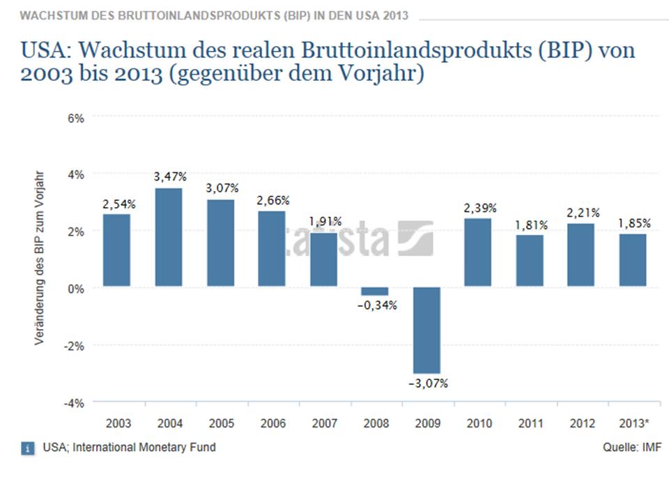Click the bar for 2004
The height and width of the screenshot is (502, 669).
pyautogui.click(x=168, y=237)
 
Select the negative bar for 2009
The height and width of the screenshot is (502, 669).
pyautogui.click(x=426, y=330)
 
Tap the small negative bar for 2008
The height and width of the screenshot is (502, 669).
pyautogui.click(x=375, y=291)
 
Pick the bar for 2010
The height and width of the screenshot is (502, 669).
pyautogui.click(x=478, y=252)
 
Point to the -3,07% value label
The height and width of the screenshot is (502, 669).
pyautogui.click(x=428, y=383)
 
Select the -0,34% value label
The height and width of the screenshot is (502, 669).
pyautogui.click(x=377, y=305)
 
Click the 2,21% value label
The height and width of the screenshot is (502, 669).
pyautogui.click(x=581, y=213)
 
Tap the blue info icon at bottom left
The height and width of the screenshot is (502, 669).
pyautogui.click(x=26, y=448)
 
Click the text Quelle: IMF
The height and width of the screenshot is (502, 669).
pyautogui.click(x=631, y=448)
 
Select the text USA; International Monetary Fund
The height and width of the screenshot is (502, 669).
pyautogui.click(x=129, y=448)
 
